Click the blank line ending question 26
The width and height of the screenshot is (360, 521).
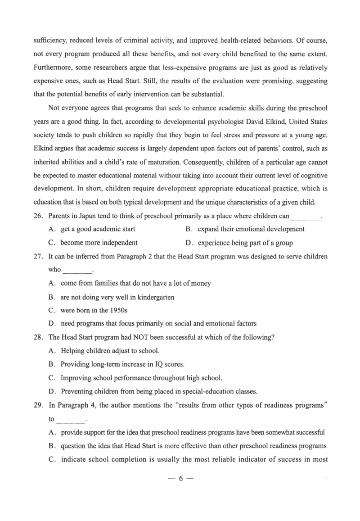tap(306, 217)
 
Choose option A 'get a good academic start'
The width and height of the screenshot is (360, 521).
tap(98, 229)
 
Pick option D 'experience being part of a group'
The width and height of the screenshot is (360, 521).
tap(245, 243)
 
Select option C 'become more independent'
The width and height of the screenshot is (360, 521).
tap(99, 243)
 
